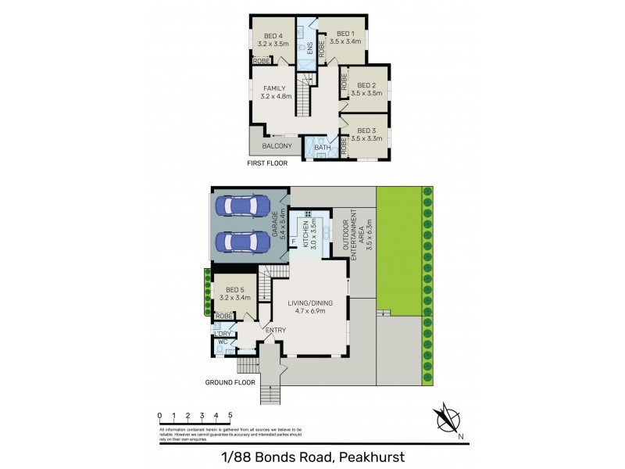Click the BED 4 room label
pos(272,36)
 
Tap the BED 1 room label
pos(345,34)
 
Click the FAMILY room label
pos(275,88)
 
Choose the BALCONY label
pos(277,146)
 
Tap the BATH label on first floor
pos(322,148)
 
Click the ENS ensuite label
pos(309,49)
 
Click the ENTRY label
pos(275,330)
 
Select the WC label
pos(222,342)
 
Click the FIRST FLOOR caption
pos(268,163)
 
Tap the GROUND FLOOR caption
pos(230,383)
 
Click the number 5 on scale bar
pos(230,415)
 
